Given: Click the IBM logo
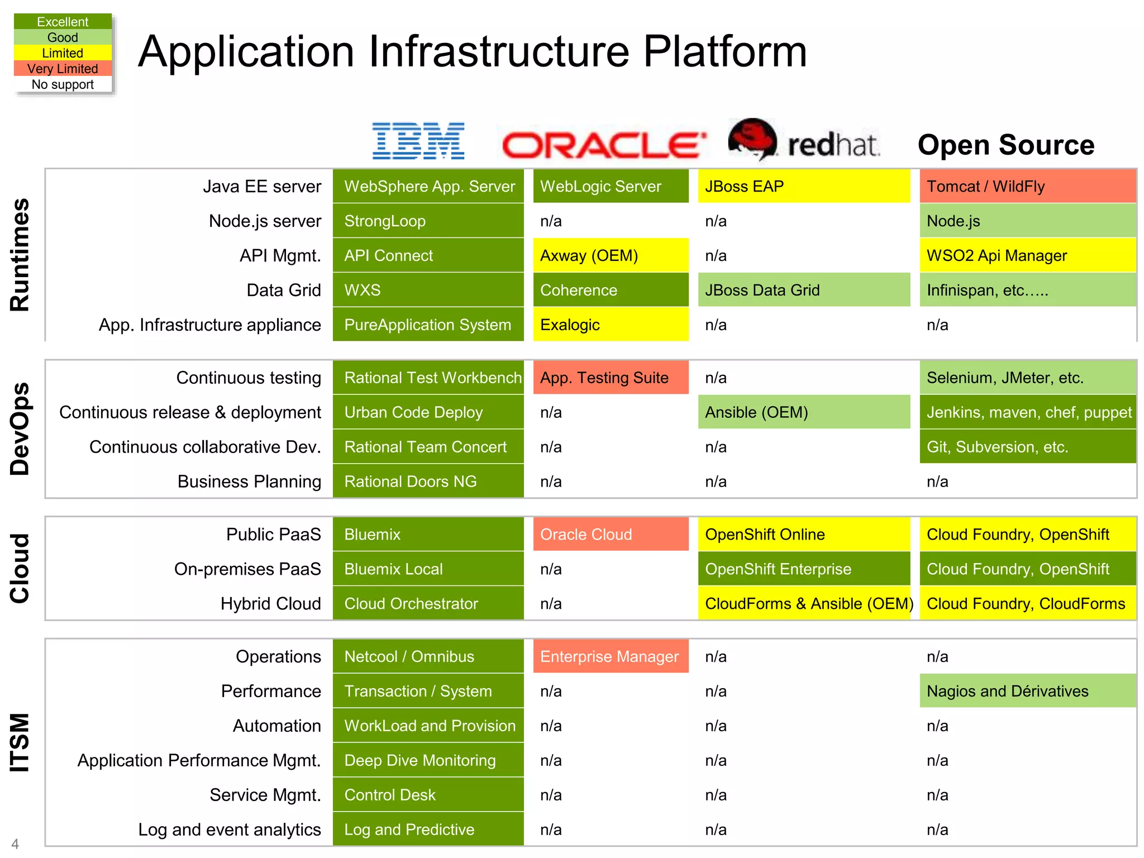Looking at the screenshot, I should point(418,141).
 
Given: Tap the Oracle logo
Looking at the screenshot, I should point(604,145).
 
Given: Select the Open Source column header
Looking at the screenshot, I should point(1005,145).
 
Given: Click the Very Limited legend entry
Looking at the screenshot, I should point(63,69).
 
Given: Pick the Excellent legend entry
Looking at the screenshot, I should point(63,22).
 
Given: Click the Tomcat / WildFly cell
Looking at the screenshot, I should point(1027,187).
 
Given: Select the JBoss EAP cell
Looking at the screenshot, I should point(803,187).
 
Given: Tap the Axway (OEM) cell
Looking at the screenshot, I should point(611,256).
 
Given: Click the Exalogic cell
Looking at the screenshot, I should point(611,325).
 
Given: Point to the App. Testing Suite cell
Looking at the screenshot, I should point(611,378).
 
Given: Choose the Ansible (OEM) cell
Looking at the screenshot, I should point(803,413).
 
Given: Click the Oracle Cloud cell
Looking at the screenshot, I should point(611,535).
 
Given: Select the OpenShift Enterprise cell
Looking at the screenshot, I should point(803,569).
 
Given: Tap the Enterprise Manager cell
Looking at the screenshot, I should point(611,657).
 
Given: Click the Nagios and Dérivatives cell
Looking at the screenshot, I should point(1027,692).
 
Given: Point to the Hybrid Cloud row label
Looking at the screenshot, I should point(270,604).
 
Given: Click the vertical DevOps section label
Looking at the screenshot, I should point(20,429).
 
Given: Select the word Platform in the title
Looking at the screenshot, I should point(724,51).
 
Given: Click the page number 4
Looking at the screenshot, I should point(15,843).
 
